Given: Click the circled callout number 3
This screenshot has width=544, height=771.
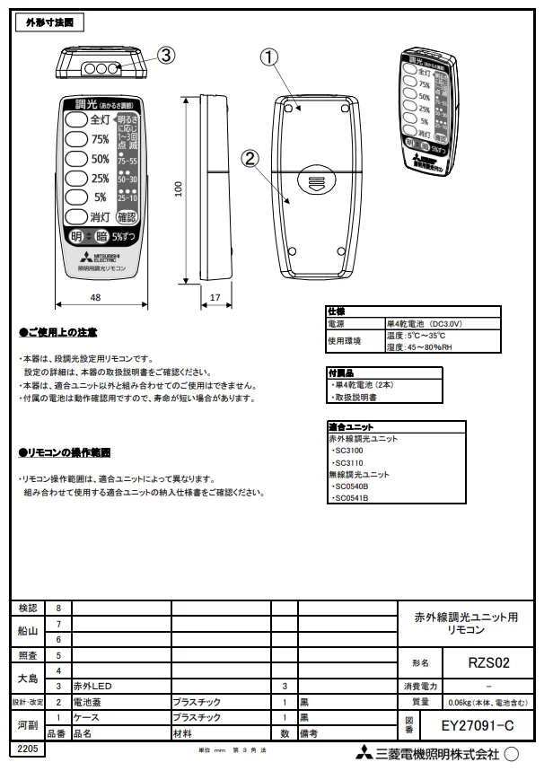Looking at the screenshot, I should pos(166,55).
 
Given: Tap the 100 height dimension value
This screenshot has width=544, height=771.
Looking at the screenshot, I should pos(179,188).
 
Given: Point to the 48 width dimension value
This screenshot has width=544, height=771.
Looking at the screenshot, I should pos(94,296).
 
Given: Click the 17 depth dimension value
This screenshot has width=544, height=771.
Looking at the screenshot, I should pos(215,296).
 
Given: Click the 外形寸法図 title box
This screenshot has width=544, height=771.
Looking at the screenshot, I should pos(50,21).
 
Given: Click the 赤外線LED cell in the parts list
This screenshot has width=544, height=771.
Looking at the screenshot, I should pos(92,685).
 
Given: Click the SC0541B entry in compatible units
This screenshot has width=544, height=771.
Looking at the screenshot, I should pos(350,497).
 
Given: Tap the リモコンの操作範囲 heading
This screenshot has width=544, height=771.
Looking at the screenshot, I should pos(65,452).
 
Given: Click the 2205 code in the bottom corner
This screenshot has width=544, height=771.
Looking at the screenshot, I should pos(24,748).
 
